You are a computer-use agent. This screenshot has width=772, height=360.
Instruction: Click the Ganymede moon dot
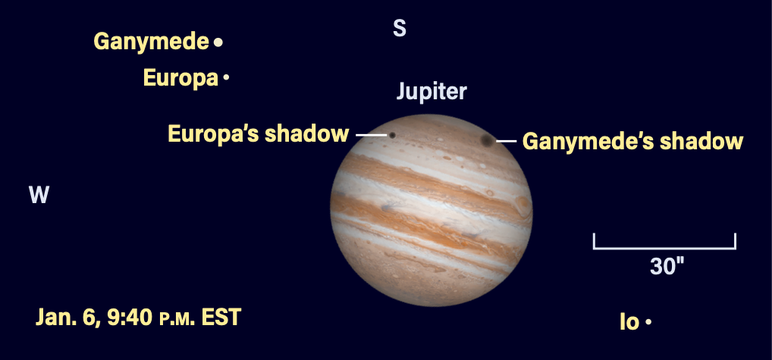coord(218,42)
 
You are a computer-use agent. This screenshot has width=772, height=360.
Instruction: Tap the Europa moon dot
coord(226,77)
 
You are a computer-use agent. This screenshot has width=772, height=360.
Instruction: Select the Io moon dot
coord(648,322)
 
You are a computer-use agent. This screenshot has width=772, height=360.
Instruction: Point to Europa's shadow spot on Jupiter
coord(392,135)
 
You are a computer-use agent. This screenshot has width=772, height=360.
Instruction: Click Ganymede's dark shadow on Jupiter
coord(488,141)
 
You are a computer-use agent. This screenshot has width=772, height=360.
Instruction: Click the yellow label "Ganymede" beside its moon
coord(152,42)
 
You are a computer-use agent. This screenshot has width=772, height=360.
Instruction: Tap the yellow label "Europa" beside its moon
coord(180,78)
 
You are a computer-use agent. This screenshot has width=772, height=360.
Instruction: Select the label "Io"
coord(629,322)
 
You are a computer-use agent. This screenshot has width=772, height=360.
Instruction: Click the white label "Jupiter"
coord(432,92)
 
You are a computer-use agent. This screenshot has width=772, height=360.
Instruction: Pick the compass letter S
coord(400,29)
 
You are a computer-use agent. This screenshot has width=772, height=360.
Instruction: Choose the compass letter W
coord(39,196)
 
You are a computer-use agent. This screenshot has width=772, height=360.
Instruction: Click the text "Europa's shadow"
coord(259,134)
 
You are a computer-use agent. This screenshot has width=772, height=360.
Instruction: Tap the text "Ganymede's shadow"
coord(632,141)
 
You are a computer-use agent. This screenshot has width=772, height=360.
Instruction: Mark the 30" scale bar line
coord(664,248)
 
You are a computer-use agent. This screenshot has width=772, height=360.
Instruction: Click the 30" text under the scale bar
coord(667,267)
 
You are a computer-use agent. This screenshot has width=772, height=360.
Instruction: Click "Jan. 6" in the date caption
coord(67,318)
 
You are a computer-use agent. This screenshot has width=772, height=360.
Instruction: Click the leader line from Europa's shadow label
coord(372,135)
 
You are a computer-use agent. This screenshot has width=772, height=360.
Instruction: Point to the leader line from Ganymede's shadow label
coord(506,141)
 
